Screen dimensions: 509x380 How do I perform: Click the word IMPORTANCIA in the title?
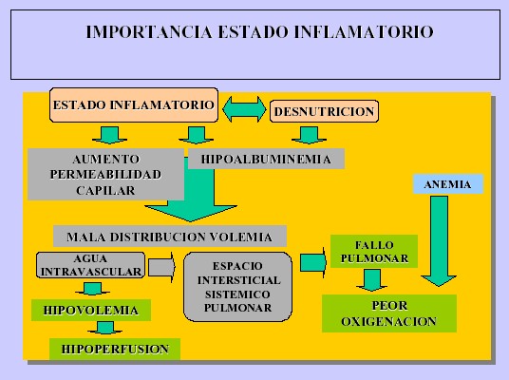point(149,32)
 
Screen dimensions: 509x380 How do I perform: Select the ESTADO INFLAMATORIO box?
point(133,104)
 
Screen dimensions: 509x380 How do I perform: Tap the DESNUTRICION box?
point(324,111)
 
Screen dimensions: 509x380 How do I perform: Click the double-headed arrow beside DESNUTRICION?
point(244,109)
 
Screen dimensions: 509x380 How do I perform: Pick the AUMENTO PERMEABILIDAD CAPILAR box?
point(105,174)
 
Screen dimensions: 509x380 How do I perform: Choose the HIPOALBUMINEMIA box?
point(266,159)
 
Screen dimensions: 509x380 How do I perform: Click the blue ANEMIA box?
point(447,184)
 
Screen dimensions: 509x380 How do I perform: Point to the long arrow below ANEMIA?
point(439,240)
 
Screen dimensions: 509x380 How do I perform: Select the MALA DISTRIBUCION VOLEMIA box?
point(170,237)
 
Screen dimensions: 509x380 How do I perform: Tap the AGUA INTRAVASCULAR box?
point(90,265)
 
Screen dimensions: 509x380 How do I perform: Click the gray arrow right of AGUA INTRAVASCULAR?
point(161,267)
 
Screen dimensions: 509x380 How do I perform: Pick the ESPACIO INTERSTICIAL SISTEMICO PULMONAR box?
point(237,287)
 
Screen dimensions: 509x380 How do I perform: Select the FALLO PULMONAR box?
point(374,252)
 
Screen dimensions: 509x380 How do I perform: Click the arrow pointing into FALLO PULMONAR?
point(313,263)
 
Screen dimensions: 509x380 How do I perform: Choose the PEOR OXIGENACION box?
point(389,313)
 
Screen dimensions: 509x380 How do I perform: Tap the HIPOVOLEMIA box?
point(91,310)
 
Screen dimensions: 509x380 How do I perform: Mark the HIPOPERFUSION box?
point(115,350)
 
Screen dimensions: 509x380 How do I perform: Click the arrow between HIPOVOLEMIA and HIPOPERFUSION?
point(104,328)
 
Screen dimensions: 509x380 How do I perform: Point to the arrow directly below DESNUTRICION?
point(309,136)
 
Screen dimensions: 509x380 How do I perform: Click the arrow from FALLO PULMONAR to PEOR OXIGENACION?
point(371,280)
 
